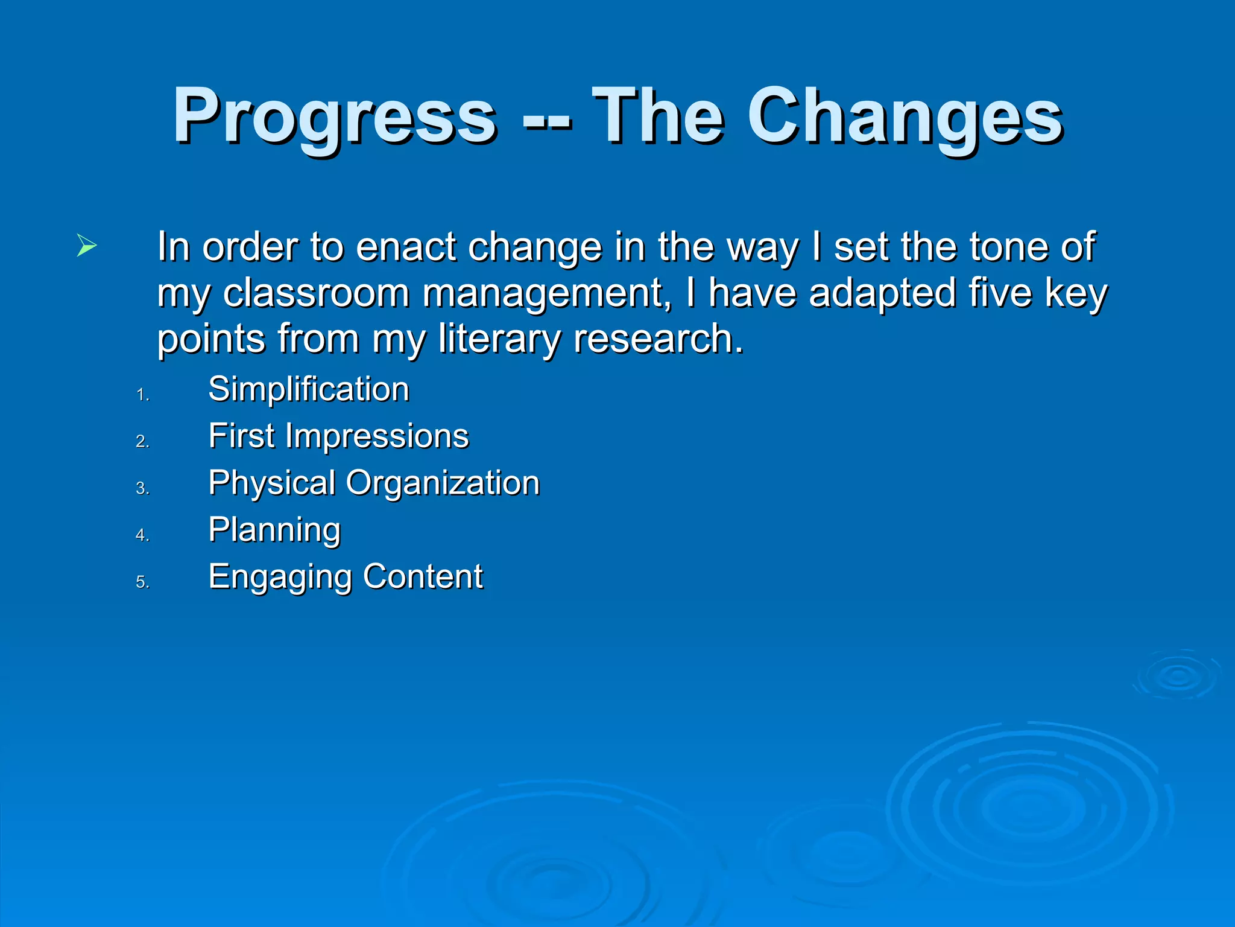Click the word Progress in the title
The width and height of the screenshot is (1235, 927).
(x=335, y=116)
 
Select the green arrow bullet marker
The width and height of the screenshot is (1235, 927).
(x=86, y=246)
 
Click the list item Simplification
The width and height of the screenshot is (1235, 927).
(x=308, y=389)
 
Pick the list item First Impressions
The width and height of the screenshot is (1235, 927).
(x=338, y=436)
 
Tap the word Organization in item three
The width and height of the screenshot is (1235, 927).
(x=443, y=483)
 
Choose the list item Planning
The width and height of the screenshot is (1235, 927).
(x=274, y=530)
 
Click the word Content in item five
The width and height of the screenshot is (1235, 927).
(x=422, y=576)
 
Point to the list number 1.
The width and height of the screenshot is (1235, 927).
(x=142, y=395)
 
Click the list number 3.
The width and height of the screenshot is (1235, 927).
(x=142, y=489)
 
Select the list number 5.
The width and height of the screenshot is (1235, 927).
(x=142, y=582)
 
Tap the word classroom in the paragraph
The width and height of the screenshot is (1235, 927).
(x=317, y=293)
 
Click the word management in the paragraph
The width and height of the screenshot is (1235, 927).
(x=546, y=293)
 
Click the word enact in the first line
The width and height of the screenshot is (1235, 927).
(x=405, y=247)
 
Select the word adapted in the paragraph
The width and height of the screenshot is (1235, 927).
(x=882, y=293)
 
